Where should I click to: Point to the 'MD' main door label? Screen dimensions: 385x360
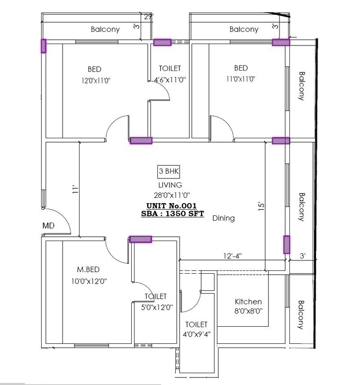point(48,226)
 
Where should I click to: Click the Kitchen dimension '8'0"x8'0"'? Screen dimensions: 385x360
point(249,311)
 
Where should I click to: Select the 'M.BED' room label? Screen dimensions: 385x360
point(88,269)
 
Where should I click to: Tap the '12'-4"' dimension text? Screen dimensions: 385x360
point(234,256)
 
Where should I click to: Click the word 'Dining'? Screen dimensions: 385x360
point(224,218)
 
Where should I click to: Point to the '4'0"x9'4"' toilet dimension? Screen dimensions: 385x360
point(196,334)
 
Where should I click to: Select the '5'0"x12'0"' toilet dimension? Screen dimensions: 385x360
point(156,307)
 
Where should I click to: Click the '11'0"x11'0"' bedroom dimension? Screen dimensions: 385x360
point(240,80)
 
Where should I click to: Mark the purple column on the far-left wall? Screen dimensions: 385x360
point(44,46)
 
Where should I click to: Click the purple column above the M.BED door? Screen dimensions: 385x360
point(141,239)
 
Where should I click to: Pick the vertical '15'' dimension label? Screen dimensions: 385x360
point(260,206)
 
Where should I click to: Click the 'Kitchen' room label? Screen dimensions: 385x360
point(248,302)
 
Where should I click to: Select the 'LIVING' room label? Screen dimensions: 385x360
point(170,185)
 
